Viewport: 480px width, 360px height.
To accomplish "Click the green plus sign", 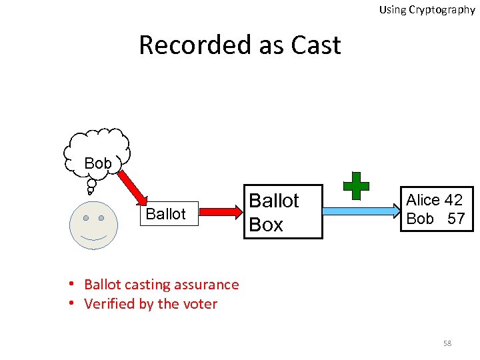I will [356, 186].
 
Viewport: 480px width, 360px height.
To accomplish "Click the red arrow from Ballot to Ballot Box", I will [221, 212].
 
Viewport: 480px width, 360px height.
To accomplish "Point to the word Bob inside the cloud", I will [98, 163].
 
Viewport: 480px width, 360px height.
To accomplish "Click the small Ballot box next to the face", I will [166, 214].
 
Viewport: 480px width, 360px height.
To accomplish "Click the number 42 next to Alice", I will [453, 200].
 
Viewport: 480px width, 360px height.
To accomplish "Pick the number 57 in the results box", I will [456, 218].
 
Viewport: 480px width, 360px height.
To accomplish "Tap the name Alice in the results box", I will [423, 200].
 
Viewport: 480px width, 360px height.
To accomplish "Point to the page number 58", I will [447, 343].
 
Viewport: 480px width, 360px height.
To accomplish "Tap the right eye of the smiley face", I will [101, 218].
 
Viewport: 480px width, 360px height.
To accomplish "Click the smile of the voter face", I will [93, 237].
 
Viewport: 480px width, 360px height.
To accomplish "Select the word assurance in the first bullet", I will [207, 285].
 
